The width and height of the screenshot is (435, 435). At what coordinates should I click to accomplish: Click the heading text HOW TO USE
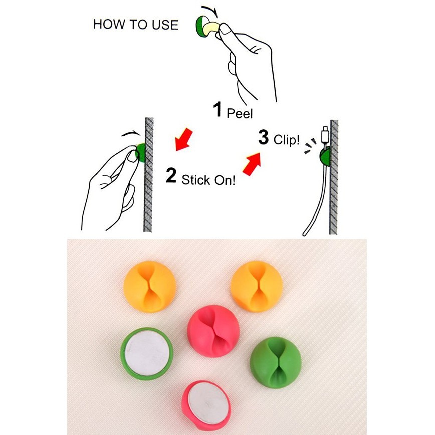[136, 25]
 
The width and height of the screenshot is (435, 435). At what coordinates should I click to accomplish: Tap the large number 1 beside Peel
[217, 109]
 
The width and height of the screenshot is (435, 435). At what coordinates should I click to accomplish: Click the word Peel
[240, 113]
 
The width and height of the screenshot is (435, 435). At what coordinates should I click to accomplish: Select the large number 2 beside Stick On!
[171, 175]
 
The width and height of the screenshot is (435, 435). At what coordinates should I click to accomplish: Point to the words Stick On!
[208, 180]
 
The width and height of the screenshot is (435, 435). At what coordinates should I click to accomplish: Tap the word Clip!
[286, 139]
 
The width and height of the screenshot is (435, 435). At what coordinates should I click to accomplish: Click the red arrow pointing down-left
[183, 139]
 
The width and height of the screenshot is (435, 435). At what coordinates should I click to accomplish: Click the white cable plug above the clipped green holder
[325, 135]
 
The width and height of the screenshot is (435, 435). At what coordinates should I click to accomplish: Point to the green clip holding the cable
[325, 157]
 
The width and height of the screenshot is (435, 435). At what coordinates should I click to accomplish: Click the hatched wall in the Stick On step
[149, 174]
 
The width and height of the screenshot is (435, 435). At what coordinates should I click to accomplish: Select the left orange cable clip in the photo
[150, 287]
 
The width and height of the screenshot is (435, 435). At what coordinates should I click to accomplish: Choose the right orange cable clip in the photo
[257, 286]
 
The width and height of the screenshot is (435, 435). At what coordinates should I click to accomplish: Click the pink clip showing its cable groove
[213, 331]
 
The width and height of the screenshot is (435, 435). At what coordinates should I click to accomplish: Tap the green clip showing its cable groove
[276, 363]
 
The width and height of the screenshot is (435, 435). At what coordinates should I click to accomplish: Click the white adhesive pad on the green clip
[147, 353]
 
